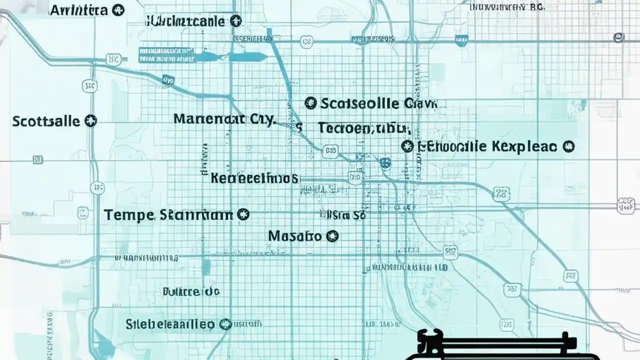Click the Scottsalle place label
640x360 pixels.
(x=45, y=121)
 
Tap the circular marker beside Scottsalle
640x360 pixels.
(x=90, y=120)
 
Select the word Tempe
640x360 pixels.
(x=128, y=215)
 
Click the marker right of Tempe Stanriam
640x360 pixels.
(x=243, y=215)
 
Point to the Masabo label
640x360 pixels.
(x=294, y=235)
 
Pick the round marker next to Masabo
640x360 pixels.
(x=332, y=235)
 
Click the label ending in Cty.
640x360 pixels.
(x=224, y=119)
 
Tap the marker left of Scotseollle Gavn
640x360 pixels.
(x=310, y=103)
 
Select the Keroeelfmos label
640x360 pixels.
(x=254, y=177)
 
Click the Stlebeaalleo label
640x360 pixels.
(x=170, y=324)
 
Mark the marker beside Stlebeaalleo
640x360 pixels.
(x=226, y=324)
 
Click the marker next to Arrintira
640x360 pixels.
(x=118, y=10)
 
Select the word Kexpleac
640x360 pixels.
(x=523, y=146)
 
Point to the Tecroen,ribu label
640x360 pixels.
(x=364, y=128)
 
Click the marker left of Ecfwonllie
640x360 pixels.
(x=407, y=146)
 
